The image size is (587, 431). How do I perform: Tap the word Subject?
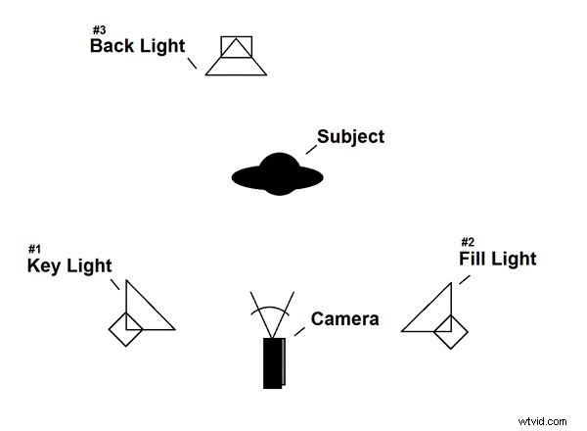click(351, 136)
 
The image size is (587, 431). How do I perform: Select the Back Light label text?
click(137, 46)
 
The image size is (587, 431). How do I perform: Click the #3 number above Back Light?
click(99, 29)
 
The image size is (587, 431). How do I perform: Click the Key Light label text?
click(68, 265)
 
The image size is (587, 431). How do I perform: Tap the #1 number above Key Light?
click(35, 249)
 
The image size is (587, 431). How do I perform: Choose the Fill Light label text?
click(497, 259)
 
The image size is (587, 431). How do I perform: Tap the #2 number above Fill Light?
click(468, 242)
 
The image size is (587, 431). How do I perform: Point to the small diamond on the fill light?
click(451, 330)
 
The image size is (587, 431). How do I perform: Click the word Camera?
click(344, 318)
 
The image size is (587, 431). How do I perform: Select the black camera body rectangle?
click(273, 362)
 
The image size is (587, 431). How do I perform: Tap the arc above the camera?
click(271, 309)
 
